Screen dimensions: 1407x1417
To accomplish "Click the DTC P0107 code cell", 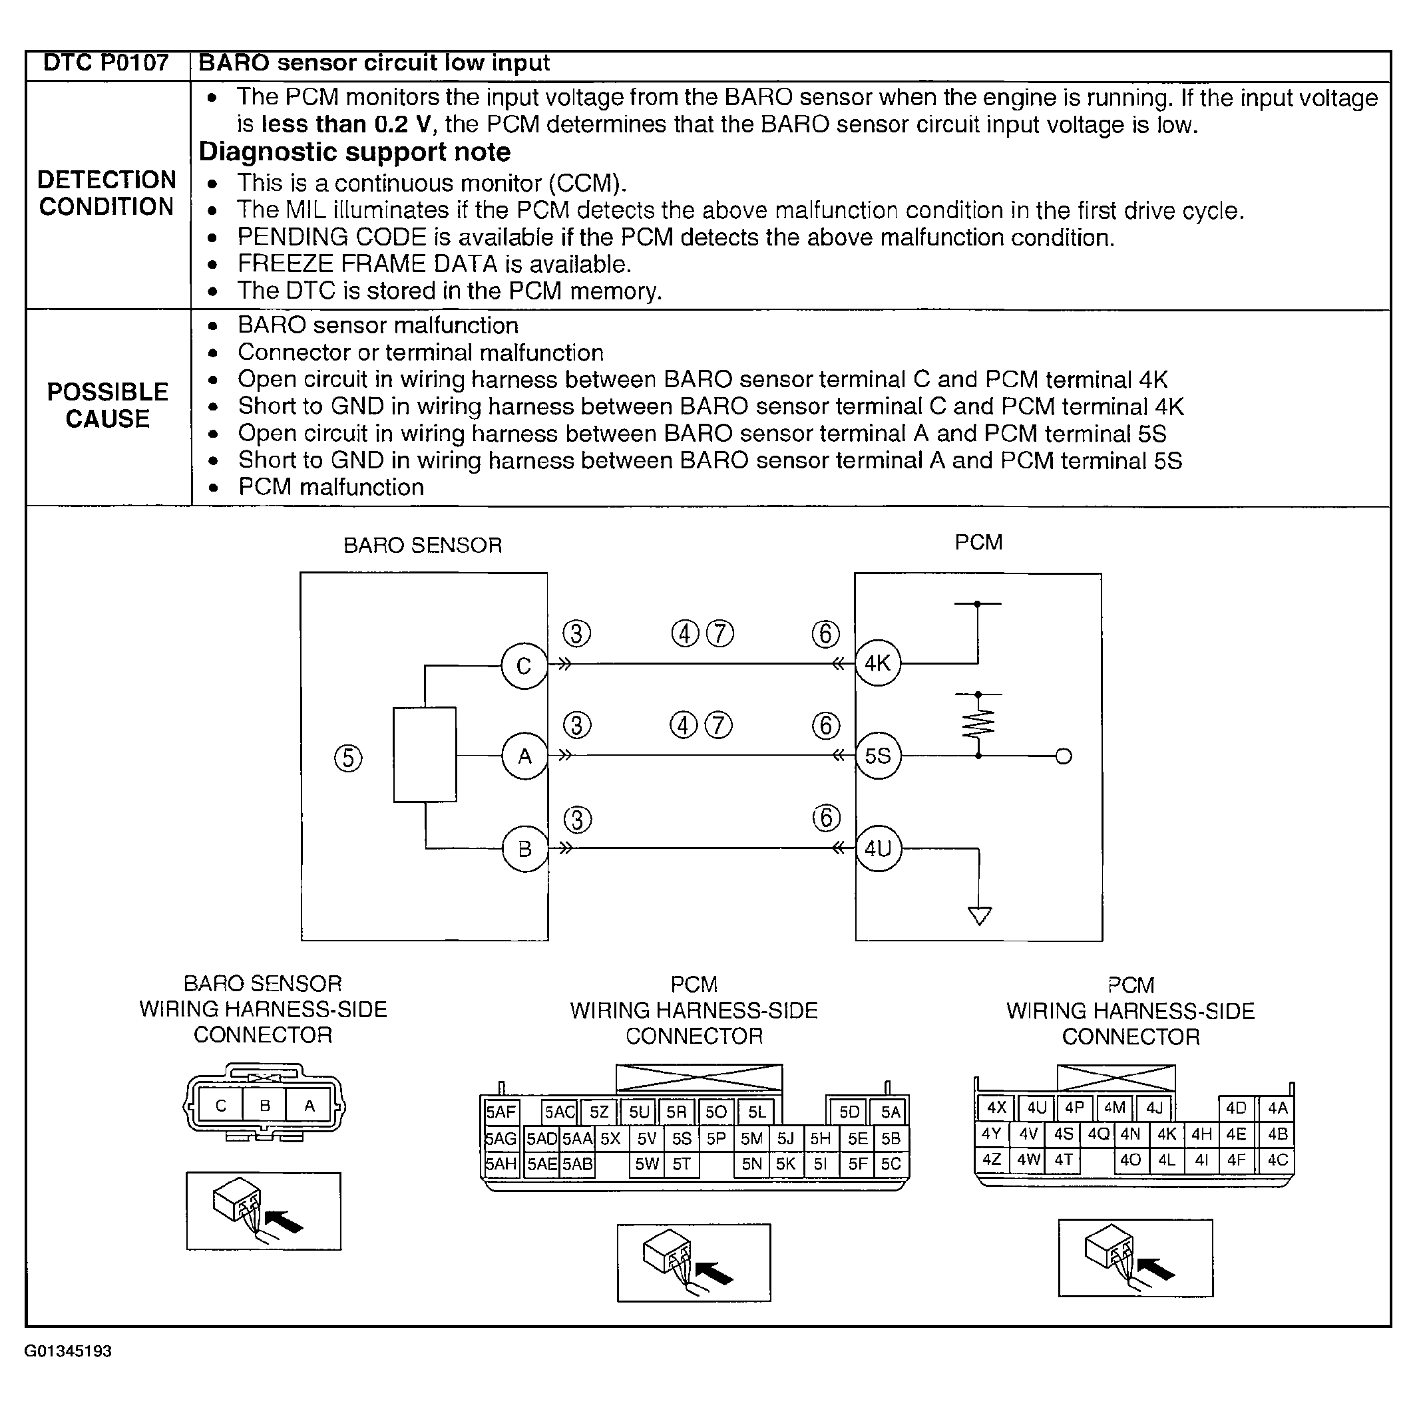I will click(106, 63).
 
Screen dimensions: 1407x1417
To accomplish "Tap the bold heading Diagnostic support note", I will click(354, 152).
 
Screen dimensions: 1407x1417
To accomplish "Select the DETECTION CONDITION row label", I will click(106, 193).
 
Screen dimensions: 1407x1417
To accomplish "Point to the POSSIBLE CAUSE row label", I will click(108, 404).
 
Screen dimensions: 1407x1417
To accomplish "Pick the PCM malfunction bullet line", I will click(331, 487).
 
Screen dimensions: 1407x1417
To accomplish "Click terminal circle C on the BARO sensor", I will click(524, 666).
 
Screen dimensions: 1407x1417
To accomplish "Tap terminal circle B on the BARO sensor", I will click(524, 848).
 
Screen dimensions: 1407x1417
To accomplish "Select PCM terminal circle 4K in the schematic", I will click(877, 663).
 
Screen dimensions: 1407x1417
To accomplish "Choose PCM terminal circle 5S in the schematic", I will click(878, 755).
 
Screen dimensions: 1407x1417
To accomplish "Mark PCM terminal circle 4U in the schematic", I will click(878, 848).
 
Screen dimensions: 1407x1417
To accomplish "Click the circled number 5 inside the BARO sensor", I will click(348, 758).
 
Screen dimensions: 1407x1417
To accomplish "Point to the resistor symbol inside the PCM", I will click(978, 723).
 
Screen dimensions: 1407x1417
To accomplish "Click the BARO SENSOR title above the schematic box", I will click(423, 546).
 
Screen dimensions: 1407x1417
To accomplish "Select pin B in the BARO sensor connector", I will click(265, 1105).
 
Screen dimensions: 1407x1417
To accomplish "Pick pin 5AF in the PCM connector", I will click(501, 1112).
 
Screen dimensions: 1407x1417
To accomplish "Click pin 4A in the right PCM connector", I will click(1278, 1108).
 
